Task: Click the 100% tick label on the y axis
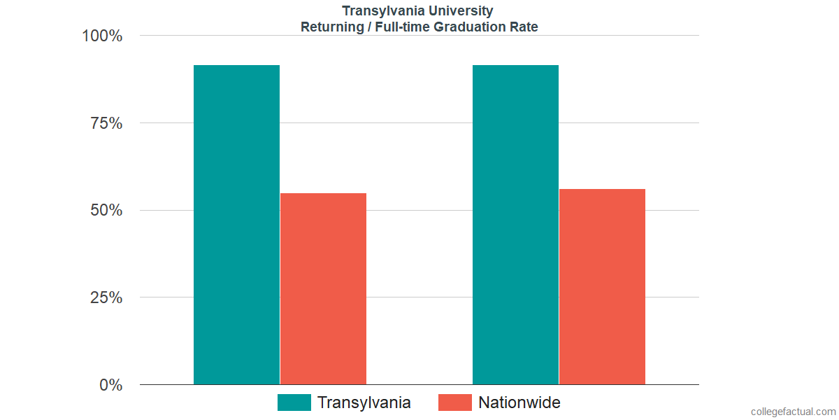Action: [102, 36]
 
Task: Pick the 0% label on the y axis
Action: [111, 385]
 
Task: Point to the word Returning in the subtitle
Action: [331, 27]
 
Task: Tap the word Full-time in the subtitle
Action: [399, 27]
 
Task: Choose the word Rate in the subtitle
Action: [524, 27]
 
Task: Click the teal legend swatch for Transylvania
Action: [294, 402]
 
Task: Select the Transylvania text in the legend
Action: [364, 402]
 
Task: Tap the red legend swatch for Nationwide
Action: [455, 402]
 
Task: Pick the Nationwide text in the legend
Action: [519, 402]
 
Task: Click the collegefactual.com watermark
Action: [793, 412]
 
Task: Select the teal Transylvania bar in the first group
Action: [236, 225]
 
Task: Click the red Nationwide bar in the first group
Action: [323, 288]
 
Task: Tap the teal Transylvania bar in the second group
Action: [515, 225]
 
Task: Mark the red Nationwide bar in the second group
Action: [602, 286]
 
